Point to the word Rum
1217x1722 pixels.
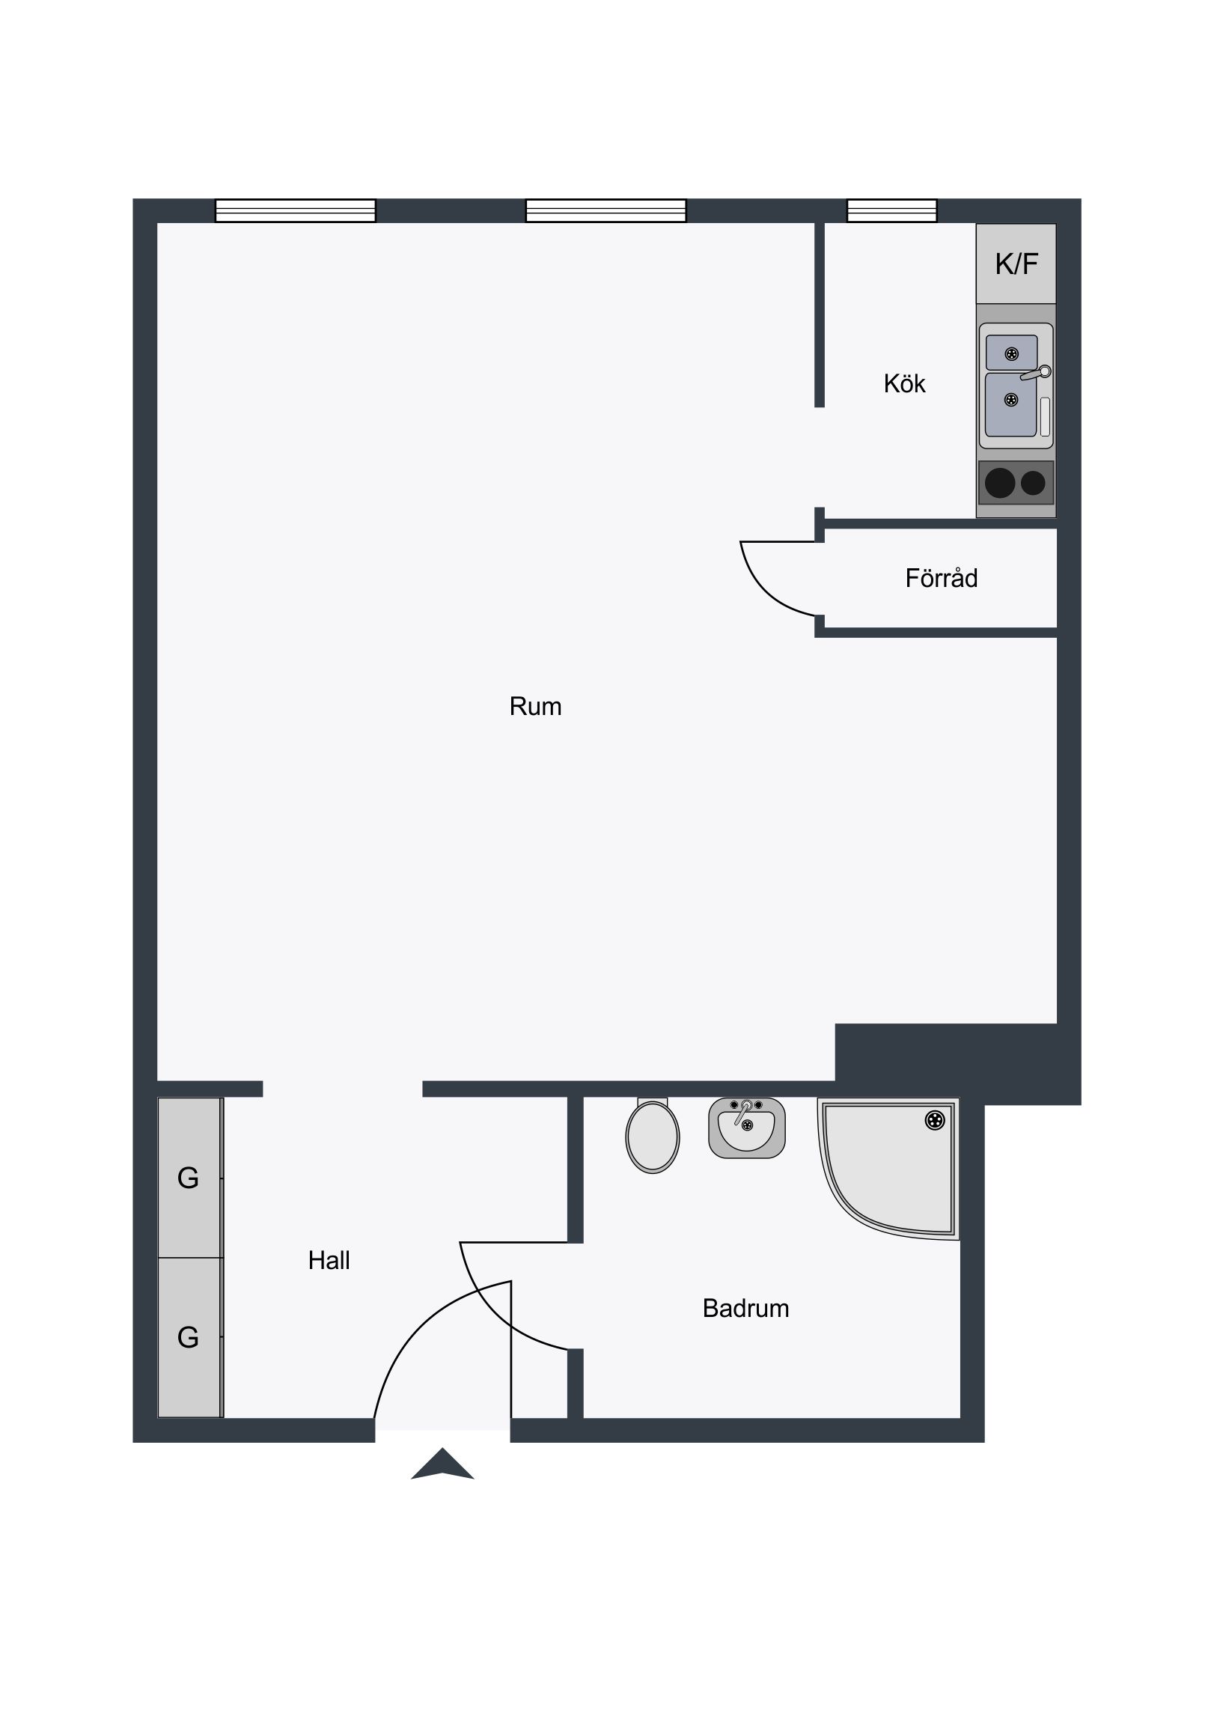(535, 707)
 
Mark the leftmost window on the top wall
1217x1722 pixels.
(296, 210)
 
